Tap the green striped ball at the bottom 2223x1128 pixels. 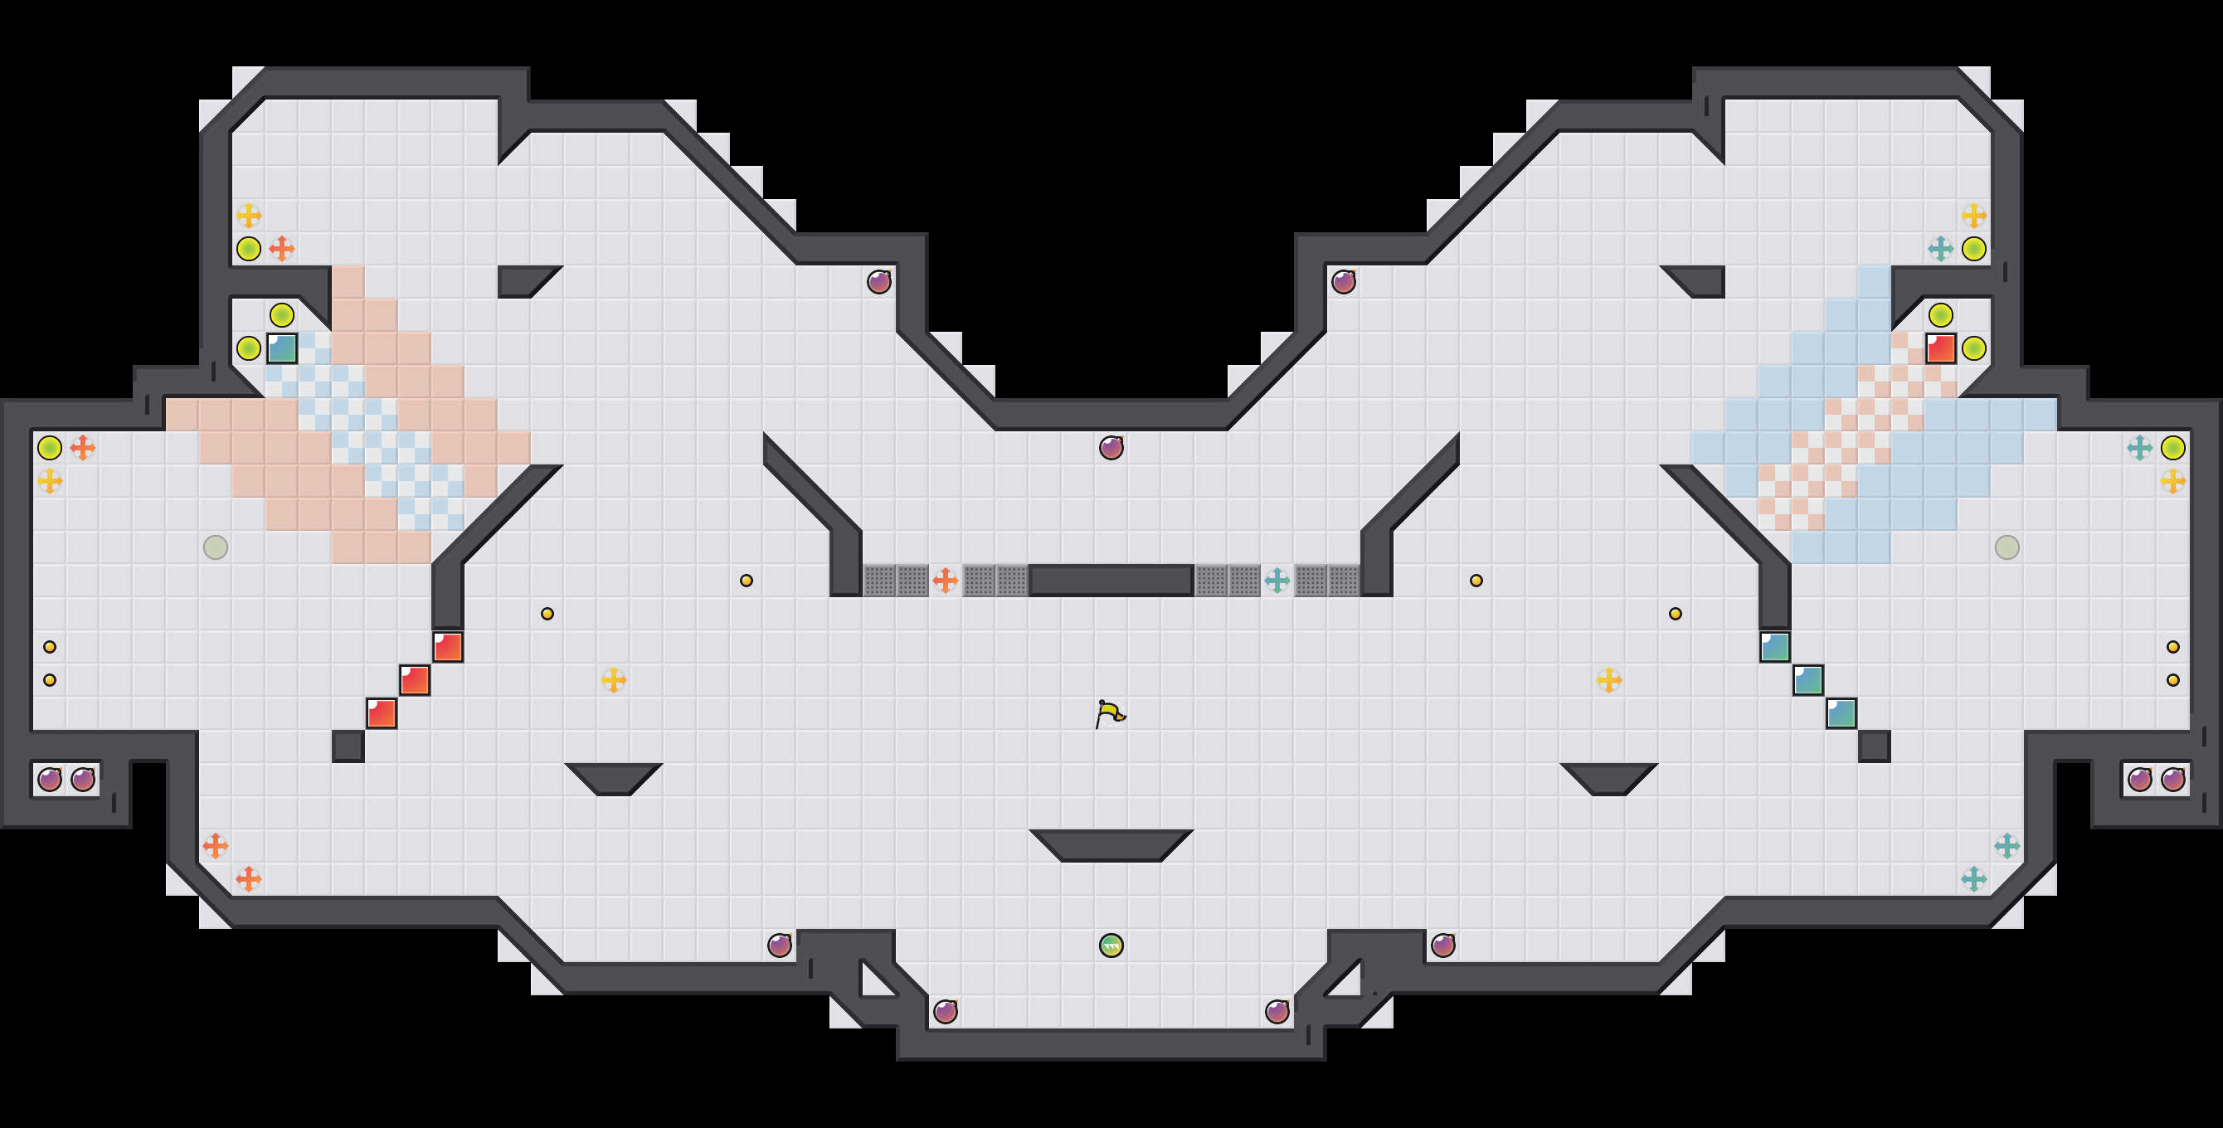pyautogui.click(x=1111, y=946)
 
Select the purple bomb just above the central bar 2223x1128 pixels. pyautogui.click(x=1111, y=448)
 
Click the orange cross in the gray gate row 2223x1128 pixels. pyautogui.click(x=945, y=580)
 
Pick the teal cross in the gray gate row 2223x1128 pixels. pyautogui.click(x=1277, y=580)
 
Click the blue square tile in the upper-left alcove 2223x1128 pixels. pyautogui.click(x=282, y=348)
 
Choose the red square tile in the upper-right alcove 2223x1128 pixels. pyautogui.click(x=1941, y=348)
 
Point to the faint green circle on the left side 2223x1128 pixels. pyautogui.click(x=216, y=547)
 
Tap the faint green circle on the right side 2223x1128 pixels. pyautogui.click(x=2007, y=547)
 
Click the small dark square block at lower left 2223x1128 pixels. pyautogui.click(x=348, y=746)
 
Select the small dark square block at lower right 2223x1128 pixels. pyautogui.click(x=1875, y=746)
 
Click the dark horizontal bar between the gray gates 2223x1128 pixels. pyautogui.click(x=1111, y=580)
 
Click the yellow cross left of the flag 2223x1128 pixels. pyautogui.click(x=614, y=680)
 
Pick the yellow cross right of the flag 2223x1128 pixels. pyautogui.click(x=1608, y=680)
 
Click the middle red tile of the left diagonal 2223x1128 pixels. pyautogui.click(x=415, y=680)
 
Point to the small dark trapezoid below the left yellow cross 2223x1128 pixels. pyautogui.click(x=614, y=776)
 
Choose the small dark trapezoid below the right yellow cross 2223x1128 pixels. pyautogui.click(x=1608, y=776)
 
